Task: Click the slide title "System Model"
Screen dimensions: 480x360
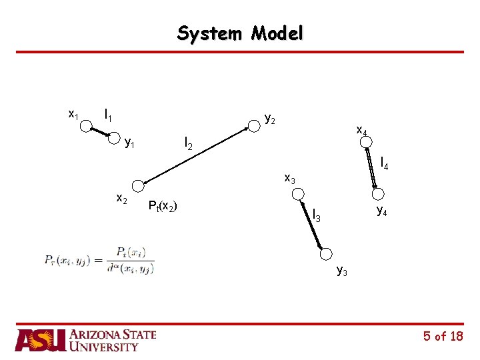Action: [240, 33]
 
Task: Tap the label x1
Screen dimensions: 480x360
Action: [73, 114]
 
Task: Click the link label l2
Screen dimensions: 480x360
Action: [189, 143]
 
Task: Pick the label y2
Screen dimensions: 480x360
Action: [270, 119]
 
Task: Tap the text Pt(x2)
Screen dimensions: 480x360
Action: [162, 205]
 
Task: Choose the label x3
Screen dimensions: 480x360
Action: [289, 178]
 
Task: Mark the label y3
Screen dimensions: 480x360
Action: [341, 270]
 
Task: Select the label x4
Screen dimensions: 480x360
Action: [361, 131]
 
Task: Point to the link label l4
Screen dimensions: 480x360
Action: [385, 162]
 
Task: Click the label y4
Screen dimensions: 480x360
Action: [381, 211]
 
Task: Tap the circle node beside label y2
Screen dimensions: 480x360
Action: [254, 125]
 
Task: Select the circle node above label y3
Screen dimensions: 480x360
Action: [326, 253]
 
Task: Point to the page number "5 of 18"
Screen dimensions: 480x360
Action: [443, 337]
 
